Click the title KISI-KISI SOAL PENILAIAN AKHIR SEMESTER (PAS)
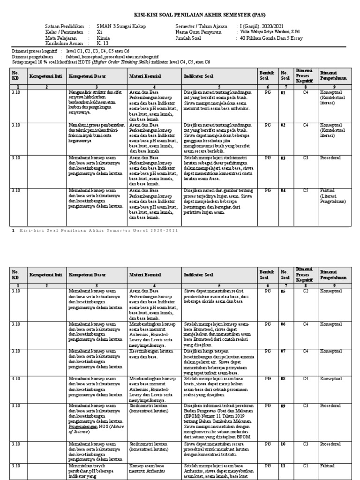tap(180, 15)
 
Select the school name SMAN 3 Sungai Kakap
tap(121, 27)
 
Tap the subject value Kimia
tap(102, 38)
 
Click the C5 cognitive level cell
tap(305, 191)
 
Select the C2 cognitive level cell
tap(305, 291)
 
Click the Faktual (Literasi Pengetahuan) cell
tap(334, 196)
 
